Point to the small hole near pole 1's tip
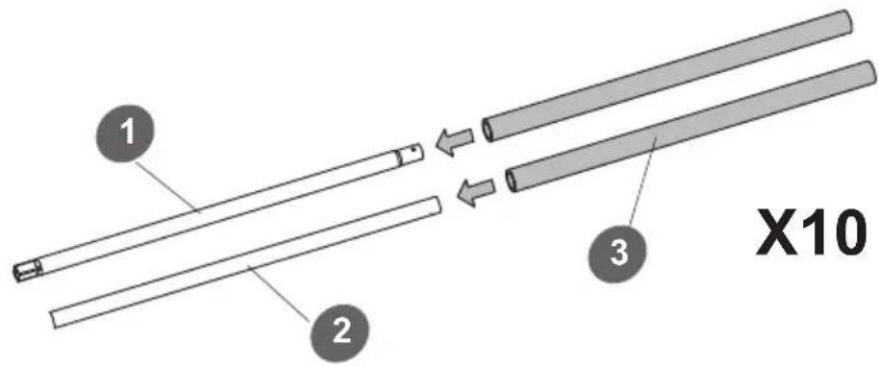(414, 150)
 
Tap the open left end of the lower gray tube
(510, 181)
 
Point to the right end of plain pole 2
(437, 205)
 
